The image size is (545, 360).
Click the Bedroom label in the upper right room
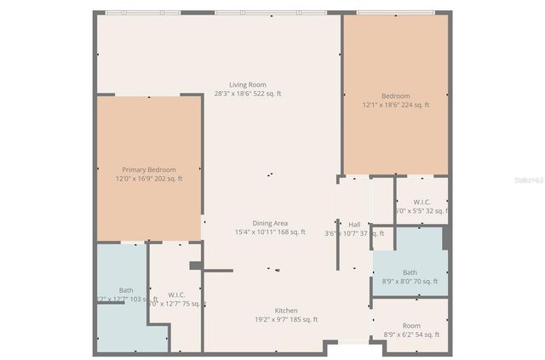click(x=395, y=96)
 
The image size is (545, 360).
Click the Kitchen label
click(x=285, y=311)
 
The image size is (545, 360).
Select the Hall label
click(x=354, y=225)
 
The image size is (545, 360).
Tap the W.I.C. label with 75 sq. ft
click(x=177, y=294)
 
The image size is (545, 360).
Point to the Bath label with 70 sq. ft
click(x=410, y=272)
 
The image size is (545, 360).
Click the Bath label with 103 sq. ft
click(x=126, y=290)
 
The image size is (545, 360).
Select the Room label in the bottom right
click(x=412, y=325)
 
